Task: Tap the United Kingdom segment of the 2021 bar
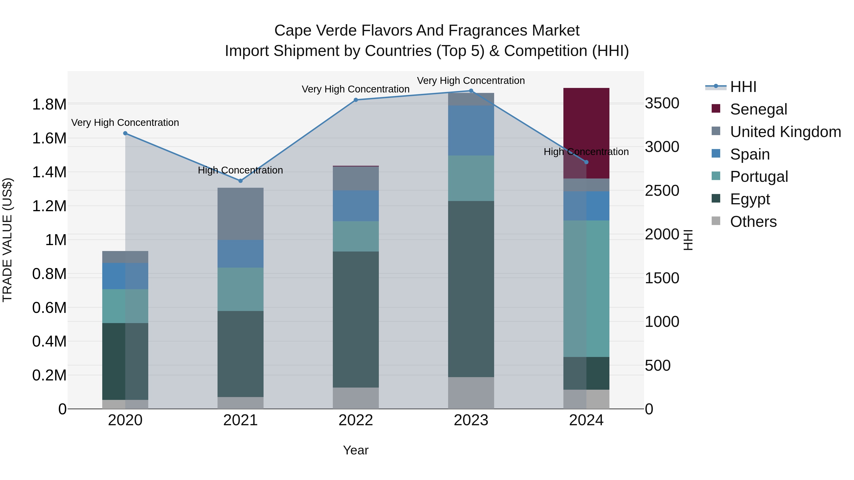pyautogui.click(x=240, y=214)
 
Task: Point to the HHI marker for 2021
pyautogui.click(x=240, y=181)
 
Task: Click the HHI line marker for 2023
pyautogui.click(x=471, y=91)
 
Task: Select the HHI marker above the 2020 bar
pyautogui.click(x=125, y=133)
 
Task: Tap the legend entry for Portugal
pyautogui.click(x=759, y=177)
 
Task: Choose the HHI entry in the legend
pyautogui.click(x=743, y=87)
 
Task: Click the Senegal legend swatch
pyautogui.click(x=716, y=109)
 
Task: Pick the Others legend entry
pyautogui.click(x=752, y=222)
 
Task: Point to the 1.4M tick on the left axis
pyautogui.click(x=49, y=172)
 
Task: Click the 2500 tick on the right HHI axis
pyautogui.click(x=662, y=191)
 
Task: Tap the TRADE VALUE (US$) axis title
pyautogui.click(x=7, y=240)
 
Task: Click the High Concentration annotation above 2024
pyautogui.click(x=586, y=152)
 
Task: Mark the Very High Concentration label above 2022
pyautogui.click(x=355, y=89)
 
